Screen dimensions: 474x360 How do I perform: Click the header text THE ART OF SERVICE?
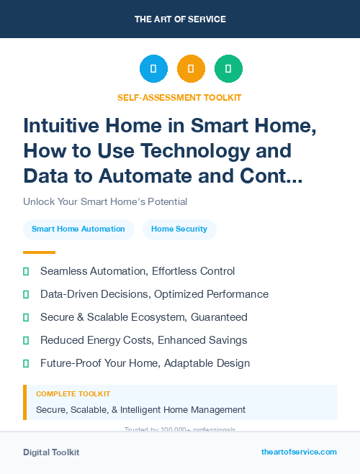[x=180, y=19]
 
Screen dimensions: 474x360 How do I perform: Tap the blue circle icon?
[x=153, y=69]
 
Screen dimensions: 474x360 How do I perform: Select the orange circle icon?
[x=191, y=69]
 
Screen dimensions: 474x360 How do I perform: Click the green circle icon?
[x=228, y=69]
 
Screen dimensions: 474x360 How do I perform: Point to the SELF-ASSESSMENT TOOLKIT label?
[x=179, y=97]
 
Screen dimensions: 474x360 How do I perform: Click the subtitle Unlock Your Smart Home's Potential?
[x=105, y=201]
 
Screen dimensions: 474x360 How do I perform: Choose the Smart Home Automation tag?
[x=78, y=229]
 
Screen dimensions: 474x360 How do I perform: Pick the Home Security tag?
[x=179, y=229]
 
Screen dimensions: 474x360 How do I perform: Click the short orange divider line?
[x=39, y=252]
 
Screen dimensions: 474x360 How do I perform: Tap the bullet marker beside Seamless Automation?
[x=26, y=271]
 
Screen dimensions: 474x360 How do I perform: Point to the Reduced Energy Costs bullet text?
[x=143, y=340]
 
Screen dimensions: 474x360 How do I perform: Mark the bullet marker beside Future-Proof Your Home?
[x=26, y=363]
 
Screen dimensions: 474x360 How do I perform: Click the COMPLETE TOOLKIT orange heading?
[x=73, y=394]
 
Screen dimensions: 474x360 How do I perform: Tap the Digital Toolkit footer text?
[x=51, y=452]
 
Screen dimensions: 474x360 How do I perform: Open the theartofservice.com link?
[x=299, y=452]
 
